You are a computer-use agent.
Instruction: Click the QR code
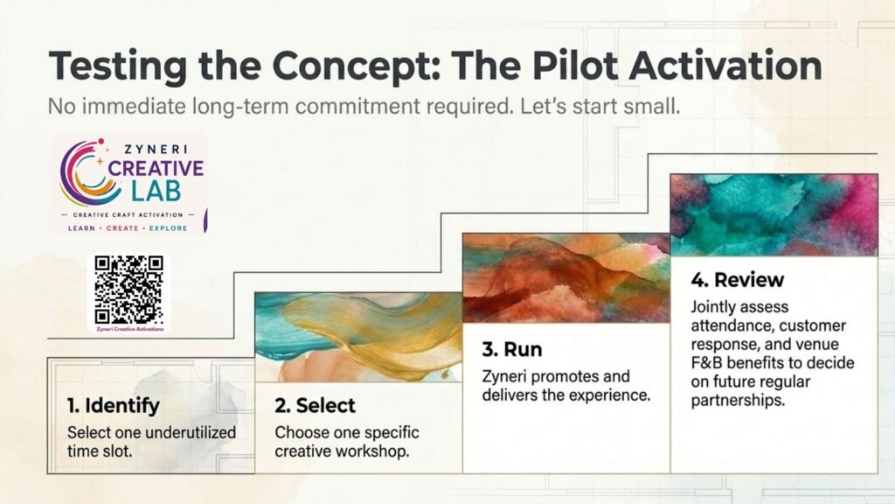pyautogui.click(x=129, y=290)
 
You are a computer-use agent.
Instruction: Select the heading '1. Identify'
pyautogui.click(x=114, y=405)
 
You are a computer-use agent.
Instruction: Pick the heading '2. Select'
pyautogui.click(x=315, y=405)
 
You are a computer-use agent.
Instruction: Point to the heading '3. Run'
pyautogui.click(x=512, y=349)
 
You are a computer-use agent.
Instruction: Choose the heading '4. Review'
pyautogui.click(x=738, y=279)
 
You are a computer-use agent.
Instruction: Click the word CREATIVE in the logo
pyautogui.click(x=156, y=169)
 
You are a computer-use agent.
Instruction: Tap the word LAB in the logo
pyautogui.click(x=156, y=192)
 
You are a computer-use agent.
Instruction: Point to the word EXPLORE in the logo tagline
pyautogui.click(x=168, y=228)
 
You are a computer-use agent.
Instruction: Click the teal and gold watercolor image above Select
pyautogui.click(x=358, y=337)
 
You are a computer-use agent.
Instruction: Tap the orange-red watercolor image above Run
pyautogui.click(x=566, y=277)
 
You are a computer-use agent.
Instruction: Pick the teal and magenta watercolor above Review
pyautogui.click(x=774, y=215)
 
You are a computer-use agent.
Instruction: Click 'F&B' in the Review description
pyautogui.click(x=706, y=363)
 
